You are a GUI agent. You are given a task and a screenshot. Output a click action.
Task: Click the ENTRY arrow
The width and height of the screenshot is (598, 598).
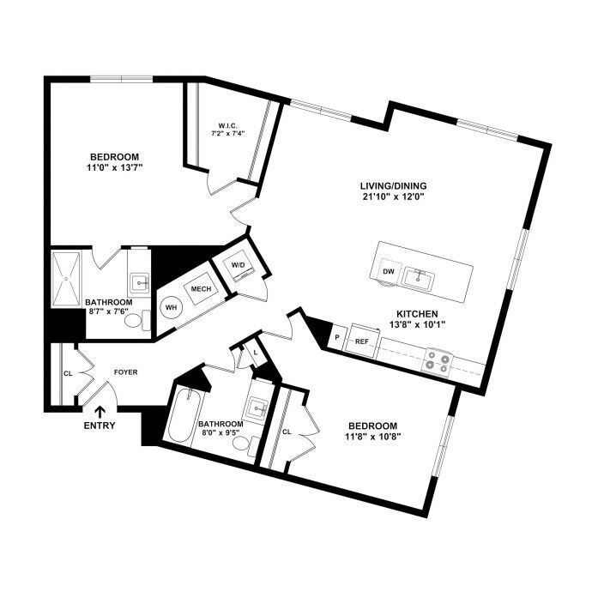pos(100,413)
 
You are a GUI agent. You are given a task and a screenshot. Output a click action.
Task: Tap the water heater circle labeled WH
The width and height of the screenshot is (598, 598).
pos(172,307)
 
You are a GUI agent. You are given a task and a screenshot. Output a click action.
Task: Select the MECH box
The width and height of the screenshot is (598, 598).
pos(201,288)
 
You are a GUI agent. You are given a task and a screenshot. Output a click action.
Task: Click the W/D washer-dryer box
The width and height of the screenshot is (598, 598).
pos(239,264)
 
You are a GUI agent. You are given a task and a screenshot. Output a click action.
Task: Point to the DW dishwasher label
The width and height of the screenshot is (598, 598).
pos(389,271)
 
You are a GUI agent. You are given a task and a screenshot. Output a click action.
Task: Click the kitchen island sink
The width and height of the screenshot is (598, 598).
pos(419,279)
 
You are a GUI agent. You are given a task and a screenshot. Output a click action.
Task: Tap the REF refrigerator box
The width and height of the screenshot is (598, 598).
pos(361,341)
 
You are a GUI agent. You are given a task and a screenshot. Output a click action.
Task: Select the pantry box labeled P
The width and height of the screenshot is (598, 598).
pos(337,337)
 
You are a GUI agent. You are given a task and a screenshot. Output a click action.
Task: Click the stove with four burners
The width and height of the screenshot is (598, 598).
pos(437,361)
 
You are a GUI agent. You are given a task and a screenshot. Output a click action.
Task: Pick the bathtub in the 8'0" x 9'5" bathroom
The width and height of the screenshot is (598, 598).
pos(184,415)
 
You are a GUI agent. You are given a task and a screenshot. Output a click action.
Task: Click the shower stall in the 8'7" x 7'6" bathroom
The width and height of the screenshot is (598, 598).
pos(66,279)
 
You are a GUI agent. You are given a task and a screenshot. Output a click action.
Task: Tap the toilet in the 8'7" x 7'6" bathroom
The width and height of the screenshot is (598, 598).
pos(137,320)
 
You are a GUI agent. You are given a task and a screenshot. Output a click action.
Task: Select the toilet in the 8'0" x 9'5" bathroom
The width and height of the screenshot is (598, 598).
pos(246,444)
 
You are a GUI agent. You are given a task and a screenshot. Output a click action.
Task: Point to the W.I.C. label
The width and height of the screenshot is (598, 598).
pos(227,125)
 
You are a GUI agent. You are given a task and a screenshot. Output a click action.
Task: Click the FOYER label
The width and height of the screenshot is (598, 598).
pos(126,371)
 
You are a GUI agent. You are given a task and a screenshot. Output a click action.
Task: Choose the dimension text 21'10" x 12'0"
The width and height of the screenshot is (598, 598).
pos(394,196)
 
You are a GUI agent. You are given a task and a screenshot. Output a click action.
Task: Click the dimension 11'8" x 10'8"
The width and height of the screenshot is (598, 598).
pos(372,437)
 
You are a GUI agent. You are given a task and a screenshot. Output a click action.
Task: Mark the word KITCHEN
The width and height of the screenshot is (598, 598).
pos(417,314)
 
